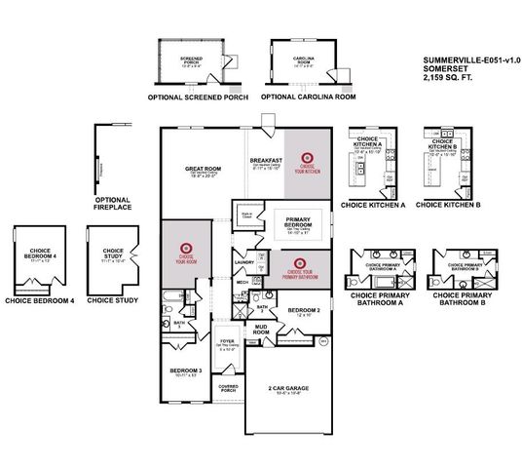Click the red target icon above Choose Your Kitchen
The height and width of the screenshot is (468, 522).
[x=306, y=155]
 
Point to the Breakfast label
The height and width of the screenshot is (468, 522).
[x=266, y=160]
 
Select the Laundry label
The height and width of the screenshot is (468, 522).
[x=243, y=262]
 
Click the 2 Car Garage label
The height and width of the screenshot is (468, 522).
[x=284, y=388]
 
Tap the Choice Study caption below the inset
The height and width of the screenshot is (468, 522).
[x=108, y=301]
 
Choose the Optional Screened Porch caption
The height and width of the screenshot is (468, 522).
[x=199, y=97]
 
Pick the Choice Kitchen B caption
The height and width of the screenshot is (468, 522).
[x=448, y=205]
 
